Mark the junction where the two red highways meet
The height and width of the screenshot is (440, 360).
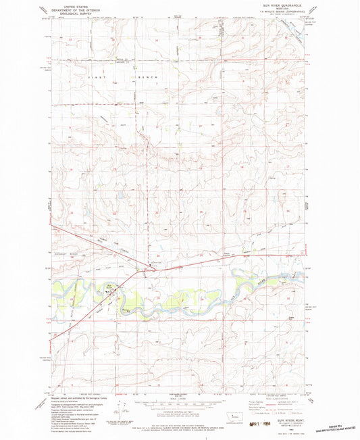click(148, 268)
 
